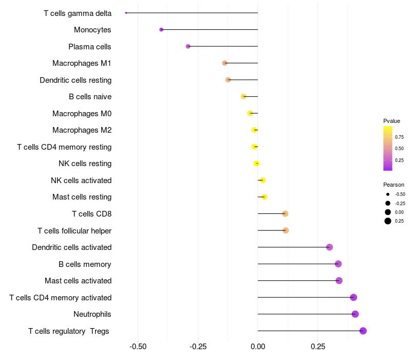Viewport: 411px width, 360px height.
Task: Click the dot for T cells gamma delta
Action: (126, 13)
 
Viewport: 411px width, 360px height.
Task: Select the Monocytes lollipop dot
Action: (161, 30)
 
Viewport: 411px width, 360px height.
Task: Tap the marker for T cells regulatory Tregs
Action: (363, 331)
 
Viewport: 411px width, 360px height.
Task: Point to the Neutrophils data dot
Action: (355, 314)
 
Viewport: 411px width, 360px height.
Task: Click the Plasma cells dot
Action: (188, 46)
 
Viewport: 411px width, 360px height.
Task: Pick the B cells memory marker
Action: (338, 264)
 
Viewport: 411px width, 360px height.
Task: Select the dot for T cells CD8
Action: (285, 214)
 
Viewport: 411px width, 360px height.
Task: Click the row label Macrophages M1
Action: (82, 63)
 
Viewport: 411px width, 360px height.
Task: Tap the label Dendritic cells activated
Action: (71, 247)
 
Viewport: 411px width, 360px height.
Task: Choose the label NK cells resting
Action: (85, 164)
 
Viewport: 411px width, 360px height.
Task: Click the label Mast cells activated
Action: (78, 281)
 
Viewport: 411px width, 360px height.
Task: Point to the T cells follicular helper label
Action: (74, 231)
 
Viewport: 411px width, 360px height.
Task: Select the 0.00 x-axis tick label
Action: (258, 346)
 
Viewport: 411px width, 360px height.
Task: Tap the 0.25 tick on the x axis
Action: (317, 346)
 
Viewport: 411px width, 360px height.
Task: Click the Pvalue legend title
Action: (391, 121)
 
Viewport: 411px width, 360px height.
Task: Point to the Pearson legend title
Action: (394, 185)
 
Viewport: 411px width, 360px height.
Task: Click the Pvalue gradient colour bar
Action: (388, 148)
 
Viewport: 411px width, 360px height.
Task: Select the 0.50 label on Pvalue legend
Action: (399, 148)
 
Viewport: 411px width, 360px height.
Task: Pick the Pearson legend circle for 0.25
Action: (388, 221)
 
